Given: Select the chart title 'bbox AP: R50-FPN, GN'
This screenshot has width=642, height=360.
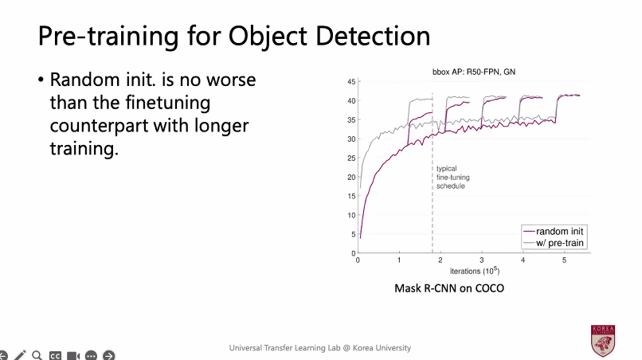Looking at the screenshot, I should [x=473, y=73].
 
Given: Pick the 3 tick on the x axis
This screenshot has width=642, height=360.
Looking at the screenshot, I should [x=482, y=260].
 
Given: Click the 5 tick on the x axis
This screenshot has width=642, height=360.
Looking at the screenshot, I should [x=565, y=260].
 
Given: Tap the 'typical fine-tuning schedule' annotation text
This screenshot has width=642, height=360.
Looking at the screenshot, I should [x=450, y=177].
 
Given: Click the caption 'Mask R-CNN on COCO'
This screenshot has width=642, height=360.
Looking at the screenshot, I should [x=449, y=288].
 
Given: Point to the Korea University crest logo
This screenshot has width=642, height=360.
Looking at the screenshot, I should [x=602, y=340].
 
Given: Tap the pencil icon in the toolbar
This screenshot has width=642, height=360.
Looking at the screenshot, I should [x=21, y=354].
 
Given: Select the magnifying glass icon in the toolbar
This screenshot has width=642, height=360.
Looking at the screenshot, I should [x=37, y=354].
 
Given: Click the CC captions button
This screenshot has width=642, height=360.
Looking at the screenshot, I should [x=55, y=354].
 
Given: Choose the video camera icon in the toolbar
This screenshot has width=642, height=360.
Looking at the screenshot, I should [x=73, y=354].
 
